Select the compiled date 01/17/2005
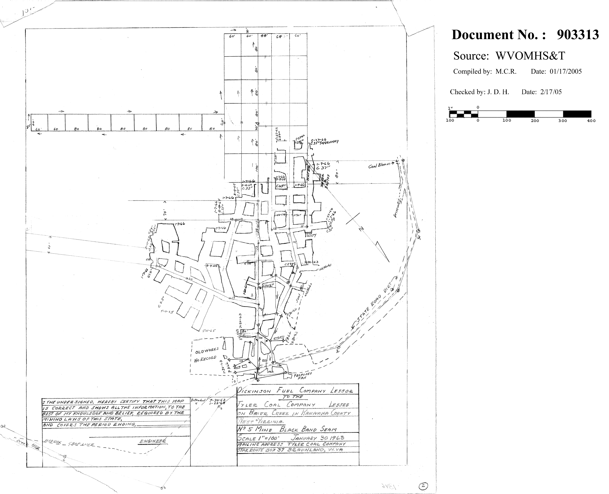point(566,71)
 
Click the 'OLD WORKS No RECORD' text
point(206,354)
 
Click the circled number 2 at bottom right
point(423,486)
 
